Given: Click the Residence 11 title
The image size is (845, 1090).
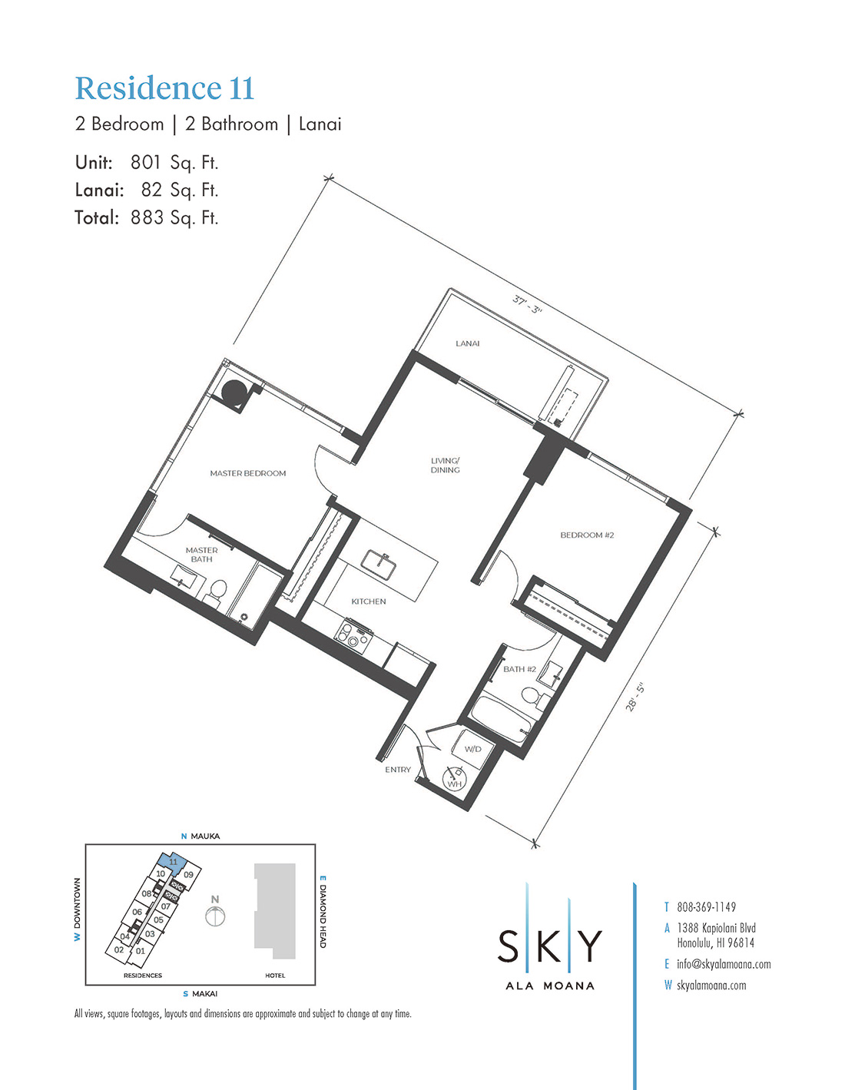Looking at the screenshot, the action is click(164, 88).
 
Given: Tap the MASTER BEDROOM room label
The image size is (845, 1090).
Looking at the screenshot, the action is click(247, 473).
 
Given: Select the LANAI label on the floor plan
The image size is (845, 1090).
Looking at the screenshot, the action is click(467, 343).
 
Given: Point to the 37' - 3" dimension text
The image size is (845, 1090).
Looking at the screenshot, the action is click(528, 304).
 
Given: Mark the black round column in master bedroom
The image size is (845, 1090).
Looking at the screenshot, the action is click(234, 393).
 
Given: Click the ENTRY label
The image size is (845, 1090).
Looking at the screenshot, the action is click(398, 770).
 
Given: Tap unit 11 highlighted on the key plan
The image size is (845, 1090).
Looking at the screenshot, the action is click(173, 862).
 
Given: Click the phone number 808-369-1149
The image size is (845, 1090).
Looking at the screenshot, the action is click(706, 906).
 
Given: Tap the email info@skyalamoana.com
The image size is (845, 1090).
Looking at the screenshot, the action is click(724, 963).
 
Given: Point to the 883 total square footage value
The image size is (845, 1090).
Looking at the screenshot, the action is click(147, 217).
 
